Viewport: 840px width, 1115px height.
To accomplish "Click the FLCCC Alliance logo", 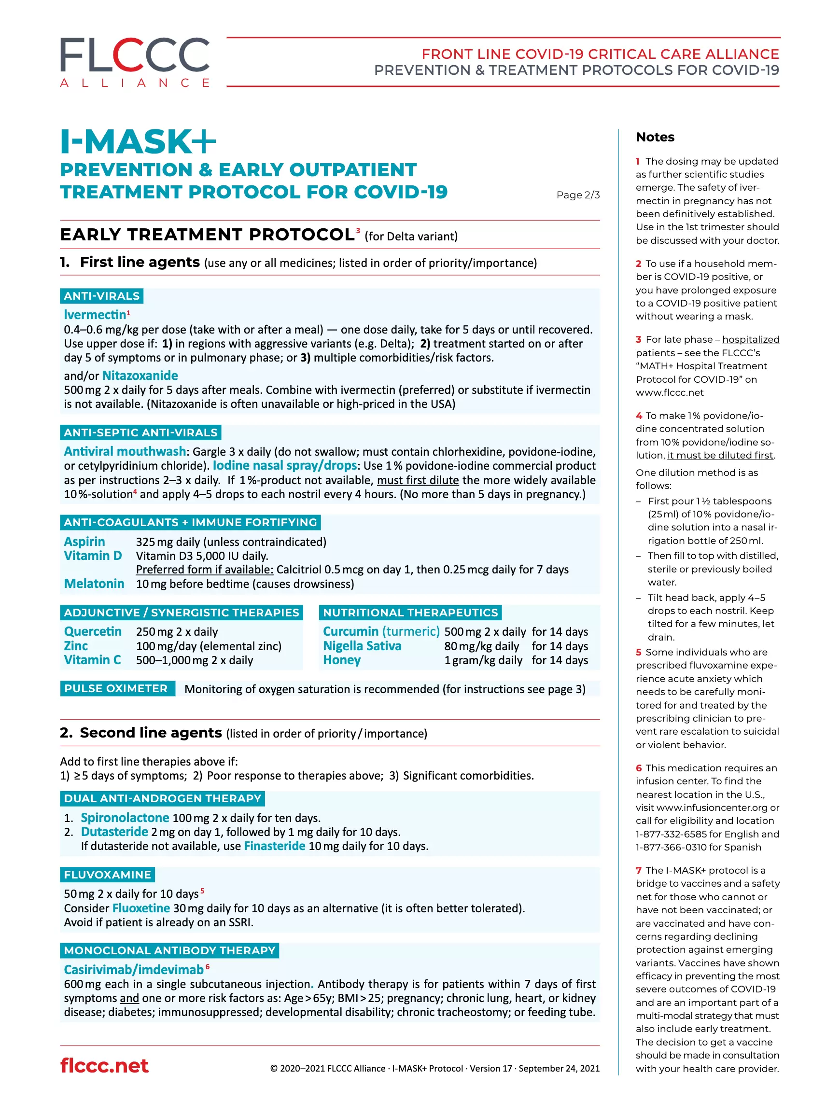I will click(x=135, y=62).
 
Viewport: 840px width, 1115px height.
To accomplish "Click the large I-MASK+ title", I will click(x=138, y=141).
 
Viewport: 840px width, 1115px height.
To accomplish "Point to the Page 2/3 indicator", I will click(x=578, y=195).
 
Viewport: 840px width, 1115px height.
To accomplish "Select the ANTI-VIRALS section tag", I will click(x=101, y=296).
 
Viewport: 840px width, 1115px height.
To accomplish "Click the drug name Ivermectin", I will click(x=95, y=315).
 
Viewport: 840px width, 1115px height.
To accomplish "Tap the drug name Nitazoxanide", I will click(x=140, y=376).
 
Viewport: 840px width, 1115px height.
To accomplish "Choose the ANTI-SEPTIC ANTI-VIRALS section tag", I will click(x=140, y=432).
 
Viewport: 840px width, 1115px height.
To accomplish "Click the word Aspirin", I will click(x=84, y=542).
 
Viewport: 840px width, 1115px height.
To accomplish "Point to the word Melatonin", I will click(x=94, y=584).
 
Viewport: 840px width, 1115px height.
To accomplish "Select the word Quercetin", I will click(x=93, y=632).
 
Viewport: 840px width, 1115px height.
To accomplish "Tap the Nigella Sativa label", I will click(x=362, y=646).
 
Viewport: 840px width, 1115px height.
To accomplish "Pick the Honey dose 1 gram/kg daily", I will click(x=483, y=660).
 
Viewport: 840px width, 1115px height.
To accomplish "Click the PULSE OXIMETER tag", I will click(x=116, y=689).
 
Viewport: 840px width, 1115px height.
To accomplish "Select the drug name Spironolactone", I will click(x=125, y=818).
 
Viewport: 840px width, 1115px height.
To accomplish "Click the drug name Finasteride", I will click(x=274, y=846).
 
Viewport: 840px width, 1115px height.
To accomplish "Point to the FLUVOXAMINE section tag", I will click(x=107, y=875).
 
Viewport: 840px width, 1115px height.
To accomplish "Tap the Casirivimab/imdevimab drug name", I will click(x=134, y=970).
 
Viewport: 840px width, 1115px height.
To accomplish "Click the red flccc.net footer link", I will click(x=104, y=1066).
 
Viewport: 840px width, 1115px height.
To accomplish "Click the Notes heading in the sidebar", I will click(x=655, y=137).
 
